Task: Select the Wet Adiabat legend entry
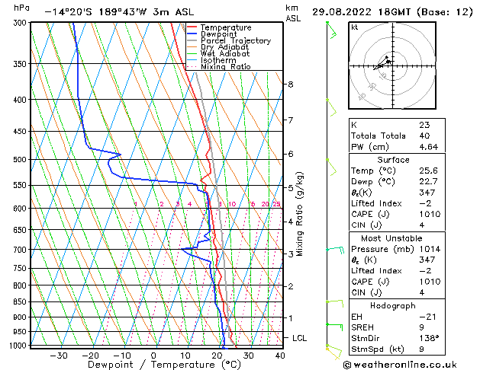click(x=225, y=53)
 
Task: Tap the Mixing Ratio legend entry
click(x=225, y=67)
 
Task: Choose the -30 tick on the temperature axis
click(x=58, y=356)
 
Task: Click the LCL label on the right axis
click(x=301, y=337)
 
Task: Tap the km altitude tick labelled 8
click(x=291, y=84)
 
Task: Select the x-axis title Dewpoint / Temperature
click(x=153, y=365)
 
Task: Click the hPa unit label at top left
click(x=22, y=8)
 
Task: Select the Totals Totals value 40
click(x=424, y=136)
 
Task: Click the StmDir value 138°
click(x=427, y=338)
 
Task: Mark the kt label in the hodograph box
click(x=355, y=27)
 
